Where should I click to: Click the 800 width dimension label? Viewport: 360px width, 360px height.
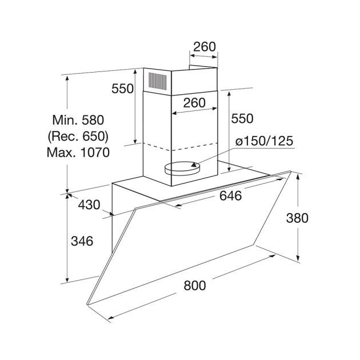[x=195, y=286]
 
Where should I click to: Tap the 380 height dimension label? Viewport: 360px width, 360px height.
[x=297, y=218]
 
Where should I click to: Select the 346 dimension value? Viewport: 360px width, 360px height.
[x=82, y=241]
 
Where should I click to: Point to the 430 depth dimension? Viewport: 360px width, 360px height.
[x=89, y=205]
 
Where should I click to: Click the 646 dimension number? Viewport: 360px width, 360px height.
[x=230, y=196]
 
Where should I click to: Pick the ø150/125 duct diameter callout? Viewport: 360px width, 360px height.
[x=264, y=141]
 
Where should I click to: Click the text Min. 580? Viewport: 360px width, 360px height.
[x=78, y=120]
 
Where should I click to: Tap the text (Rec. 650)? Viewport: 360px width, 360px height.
[x=78, y=137]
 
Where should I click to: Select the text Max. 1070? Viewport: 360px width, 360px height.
[x=78, y=153]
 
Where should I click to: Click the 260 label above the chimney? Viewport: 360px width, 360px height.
[x=205, y=47]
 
